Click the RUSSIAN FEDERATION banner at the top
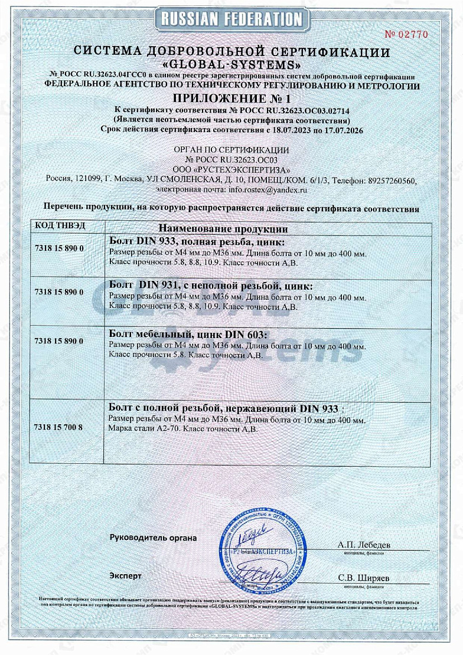(x=231, y=19)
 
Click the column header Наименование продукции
(x=223, y=228)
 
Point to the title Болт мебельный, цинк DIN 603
(x=189, y=335)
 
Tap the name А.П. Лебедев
(x=364, y=545)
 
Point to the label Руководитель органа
(x=153, y=538)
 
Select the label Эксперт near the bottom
(x=126, y=575)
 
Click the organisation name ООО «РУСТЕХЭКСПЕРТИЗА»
(x=231, y=170)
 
